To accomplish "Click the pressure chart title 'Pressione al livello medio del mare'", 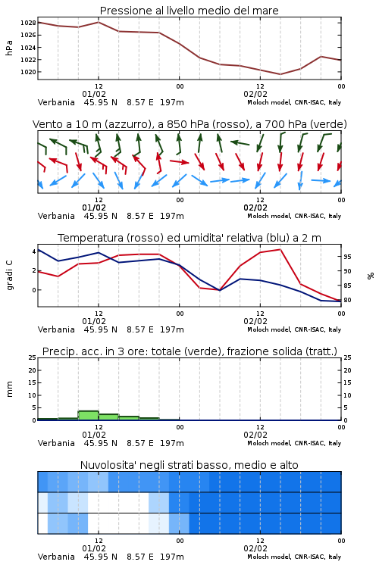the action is (189, 11).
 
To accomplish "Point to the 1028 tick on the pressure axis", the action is (28, 23).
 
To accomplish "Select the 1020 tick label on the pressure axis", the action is (28, 72).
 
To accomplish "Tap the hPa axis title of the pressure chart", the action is (9, 48).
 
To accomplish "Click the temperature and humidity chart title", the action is (189, 238).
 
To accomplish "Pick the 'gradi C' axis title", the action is (9, 276).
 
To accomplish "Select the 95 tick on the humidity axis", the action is (347, 257).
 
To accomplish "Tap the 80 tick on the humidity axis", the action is (347, 301).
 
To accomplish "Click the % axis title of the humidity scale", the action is (371, 276).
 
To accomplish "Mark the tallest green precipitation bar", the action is (89, 416).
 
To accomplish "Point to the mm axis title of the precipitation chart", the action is (9, 389).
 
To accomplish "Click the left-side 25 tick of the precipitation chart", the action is (33, 357).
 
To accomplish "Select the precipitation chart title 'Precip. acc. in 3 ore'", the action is (189, 351).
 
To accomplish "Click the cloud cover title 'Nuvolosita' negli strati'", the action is (189, 465).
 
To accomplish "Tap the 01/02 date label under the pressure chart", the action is (94, 94).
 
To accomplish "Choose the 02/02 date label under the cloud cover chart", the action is (255, 548).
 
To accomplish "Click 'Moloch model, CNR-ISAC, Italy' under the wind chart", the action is (294, 216).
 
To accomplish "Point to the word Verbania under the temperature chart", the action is (56, 329).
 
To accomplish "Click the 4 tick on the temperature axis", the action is (34, 251).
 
